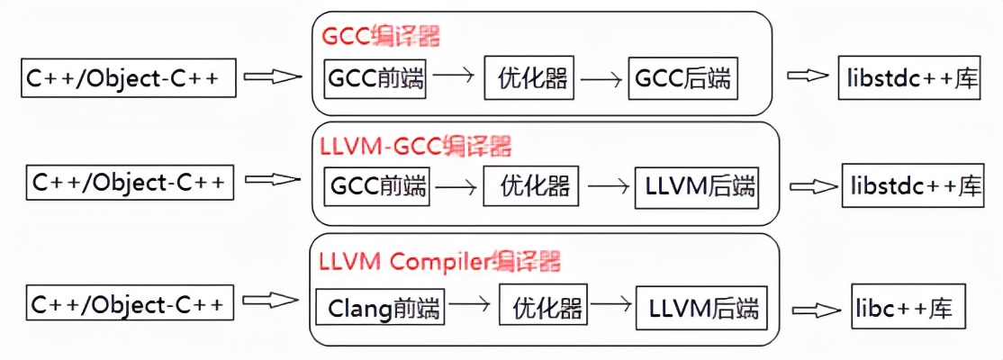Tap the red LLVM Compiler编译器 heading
440,262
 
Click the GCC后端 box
682,79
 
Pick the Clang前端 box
378,309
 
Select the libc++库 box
908,308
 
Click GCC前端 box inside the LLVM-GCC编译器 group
377,186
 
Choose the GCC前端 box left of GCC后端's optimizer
375,79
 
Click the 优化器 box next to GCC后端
531,79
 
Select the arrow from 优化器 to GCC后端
601,79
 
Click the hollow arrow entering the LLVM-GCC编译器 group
272,181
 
